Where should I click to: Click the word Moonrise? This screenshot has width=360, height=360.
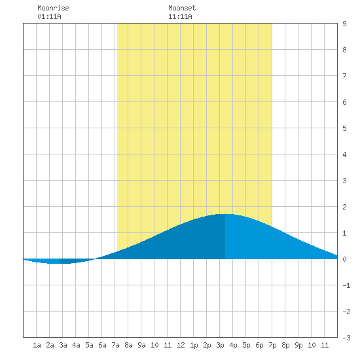click(x=53, y=8)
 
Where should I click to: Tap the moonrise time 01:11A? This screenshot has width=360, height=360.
click(x=49, y=16)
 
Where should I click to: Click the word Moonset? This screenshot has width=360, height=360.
click(x=182, y=8)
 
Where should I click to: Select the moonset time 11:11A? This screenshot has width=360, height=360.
click(x=180, y=16)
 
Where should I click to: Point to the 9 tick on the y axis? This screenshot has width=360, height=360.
click(x=344, y=24)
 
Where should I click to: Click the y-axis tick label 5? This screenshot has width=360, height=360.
click(x=344, y=128)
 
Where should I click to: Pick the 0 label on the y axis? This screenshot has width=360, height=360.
click(x=344, y=259)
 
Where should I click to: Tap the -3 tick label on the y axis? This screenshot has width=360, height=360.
click(x=346, y=338)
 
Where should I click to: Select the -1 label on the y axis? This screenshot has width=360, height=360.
click(x=346, y=285)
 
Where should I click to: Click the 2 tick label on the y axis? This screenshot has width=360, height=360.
click(x=344, y=207)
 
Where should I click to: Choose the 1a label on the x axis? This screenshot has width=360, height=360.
click(x=37, y=345)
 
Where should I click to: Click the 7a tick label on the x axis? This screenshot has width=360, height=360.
click(x=115, y=345)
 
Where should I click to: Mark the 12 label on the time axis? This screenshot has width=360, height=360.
click(x=181, y=345)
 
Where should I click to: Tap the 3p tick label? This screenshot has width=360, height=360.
click(x=220, y=345)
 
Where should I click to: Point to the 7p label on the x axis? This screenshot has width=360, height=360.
click(x=272, y=345)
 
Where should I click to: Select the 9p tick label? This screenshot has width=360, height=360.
click(x=298, y=345)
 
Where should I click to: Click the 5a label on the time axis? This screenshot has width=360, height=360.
click(x=89, y=345)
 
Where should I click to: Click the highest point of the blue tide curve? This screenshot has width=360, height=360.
click(x=225, y=214)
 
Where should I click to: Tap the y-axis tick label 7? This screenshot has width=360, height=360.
click(x=344, y=76)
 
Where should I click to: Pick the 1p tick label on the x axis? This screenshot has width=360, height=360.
click(x=194, y=345)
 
